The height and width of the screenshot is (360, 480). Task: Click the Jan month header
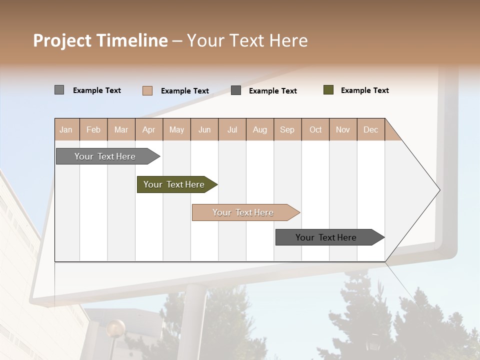[66, 129]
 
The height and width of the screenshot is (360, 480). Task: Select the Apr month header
[148, 129]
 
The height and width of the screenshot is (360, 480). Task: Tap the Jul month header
[232, 129]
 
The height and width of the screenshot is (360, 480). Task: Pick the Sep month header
[287, 129]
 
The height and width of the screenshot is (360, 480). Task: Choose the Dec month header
[370, 129]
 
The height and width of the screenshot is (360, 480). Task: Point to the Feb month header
[93, 129]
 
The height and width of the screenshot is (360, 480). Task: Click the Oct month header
[315, 129]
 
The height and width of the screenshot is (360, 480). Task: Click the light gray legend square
[59, 90]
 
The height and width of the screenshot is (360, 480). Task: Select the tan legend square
[147, 90]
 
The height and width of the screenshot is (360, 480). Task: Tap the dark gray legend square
[236, 90]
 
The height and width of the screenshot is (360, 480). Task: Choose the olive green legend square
[328, 90]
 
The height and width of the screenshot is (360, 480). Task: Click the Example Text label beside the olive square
[364, 90]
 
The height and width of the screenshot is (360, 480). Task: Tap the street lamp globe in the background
[115, 328]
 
